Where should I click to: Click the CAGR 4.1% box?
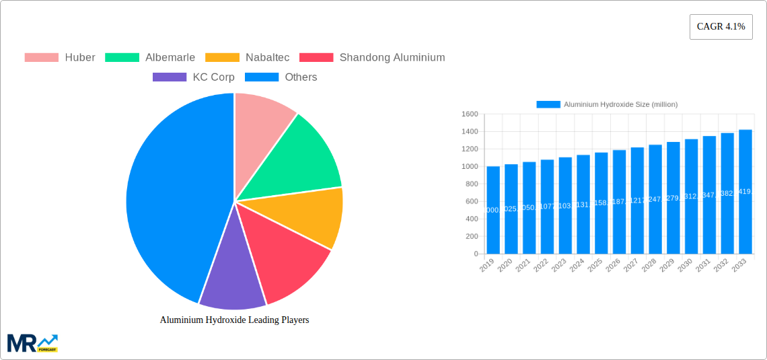[721, 27]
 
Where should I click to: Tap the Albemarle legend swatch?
[122, 58]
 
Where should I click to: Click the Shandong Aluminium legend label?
[392, 58]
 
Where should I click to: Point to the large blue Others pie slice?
[172, 195]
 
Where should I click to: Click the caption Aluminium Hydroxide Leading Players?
[234, 320]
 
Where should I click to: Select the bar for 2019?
[493, 210]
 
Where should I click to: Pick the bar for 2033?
[745, 192]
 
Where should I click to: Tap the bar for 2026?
[619, 202]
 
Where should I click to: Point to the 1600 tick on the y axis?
[470, 114]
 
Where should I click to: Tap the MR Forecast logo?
[32, 343]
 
